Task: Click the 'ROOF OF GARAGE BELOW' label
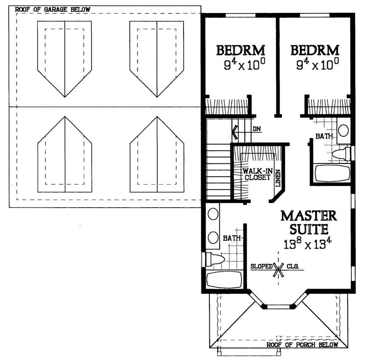click(x=52, y=9)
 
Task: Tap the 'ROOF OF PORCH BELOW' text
click(x=303, y=345)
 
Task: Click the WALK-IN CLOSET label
click(x=256, y=174)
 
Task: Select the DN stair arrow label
click(x=256, y=129)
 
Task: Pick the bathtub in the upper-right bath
click(x=332, y=174)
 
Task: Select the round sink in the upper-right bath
click(x=343, y=129)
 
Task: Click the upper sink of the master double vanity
click(x=213, y=215)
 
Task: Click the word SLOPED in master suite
click(x=261, y=267)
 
